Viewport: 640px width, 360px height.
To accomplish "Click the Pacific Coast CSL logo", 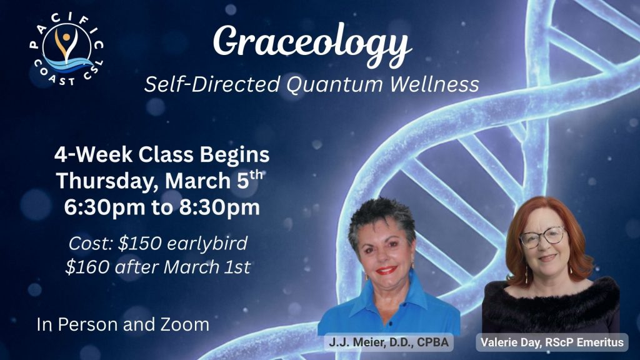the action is point(66,50).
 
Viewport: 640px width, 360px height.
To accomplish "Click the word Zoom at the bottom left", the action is point(185,324).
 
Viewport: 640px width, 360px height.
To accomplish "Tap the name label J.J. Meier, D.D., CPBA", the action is point(389,342).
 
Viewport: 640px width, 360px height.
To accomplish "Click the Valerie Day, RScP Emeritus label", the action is point(552,342).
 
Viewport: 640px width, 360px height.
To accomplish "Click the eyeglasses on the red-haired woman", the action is point(542,237).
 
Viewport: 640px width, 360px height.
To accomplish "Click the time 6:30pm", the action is point(104,207).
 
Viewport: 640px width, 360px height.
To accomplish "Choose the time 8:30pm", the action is point(219,207).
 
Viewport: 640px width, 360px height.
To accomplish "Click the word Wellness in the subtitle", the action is point(434,84).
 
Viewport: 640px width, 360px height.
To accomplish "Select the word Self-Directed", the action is point(212,84).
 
